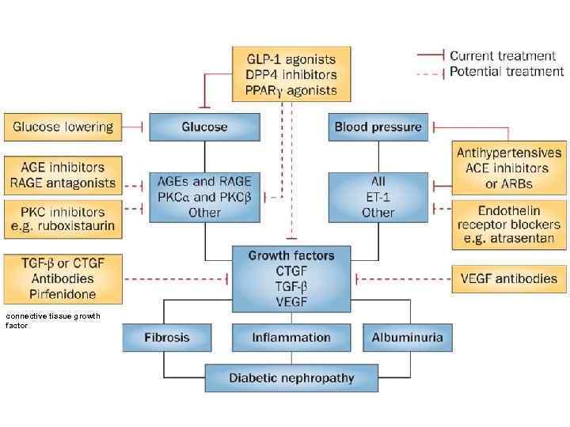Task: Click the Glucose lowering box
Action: coord(63,127)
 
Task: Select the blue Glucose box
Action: coord(204,127)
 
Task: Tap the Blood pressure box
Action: coord(378,127)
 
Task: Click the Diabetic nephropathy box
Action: coord(291,378)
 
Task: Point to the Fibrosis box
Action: coord(167,338)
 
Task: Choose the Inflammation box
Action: coord(291,338)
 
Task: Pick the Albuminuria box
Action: coord(408,338)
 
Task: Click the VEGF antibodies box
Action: coord(509,278)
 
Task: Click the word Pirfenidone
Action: coord(63,294)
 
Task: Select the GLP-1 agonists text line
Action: coord(291,59)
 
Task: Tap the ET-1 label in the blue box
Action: coord(378,197)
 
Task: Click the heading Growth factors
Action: coord(291,255)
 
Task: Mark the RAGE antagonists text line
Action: coord(63,183)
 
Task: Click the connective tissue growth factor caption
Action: coord(52,320)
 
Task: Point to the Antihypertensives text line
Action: coord(509,153)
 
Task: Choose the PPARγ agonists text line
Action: coord(291,90)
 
